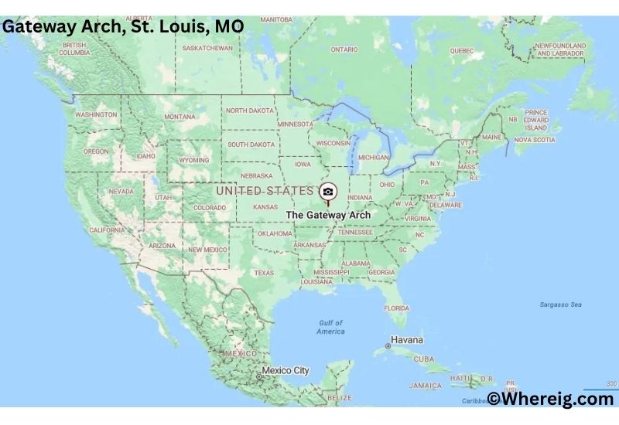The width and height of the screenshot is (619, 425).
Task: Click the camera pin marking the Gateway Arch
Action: point(328,192)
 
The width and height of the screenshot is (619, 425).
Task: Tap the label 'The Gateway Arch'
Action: point(328,215)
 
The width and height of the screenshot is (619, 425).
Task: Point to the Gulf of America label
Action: point(331,327)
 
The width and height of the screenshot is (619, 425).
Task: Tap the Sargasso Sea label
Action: point(562,304)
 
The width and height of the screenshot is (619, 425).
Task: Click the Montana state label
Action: point(180,117)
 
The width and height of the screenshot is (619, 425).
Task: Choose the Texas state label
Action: point(264,273)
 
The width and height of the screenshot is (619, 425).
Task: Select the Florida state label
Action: point(397,308)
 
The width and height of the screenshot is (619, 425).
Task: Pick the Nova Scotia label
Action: point(535,140)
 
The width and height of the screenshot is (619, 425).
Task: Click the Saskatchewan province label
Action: point(207,48)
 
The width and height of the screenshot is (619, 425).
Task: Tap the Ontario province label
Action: point(344,49)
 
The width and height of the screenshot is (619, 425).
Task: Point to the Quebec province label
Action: point(461,51)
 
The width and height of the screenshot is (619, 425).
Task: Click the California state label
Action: point(107,230)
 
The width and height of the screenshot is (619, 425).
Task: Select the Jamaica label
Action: point(425,385)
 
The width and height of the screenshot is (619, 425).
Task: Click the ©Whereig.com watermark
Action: point(550,399)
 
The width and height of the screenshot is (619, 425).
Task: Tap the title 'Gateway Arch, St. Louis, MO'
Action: point(123,26)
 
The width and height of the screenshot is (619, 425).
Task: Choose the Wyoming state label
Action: point(193,160)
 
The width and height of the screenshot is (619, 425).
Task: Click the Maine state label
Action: point(491,137)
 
